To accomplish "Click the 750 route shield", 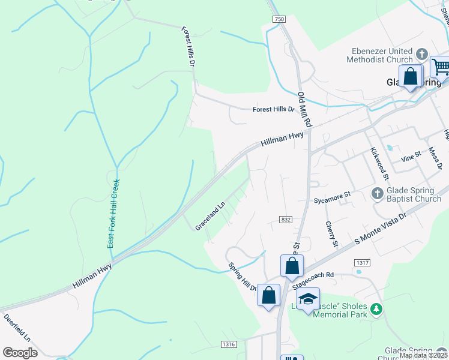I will [279, 20].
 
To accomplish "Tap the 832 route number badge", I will [286, 220].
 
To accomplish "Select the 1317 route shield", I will [362, 263].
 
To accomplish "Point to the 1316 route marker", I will [229, 344].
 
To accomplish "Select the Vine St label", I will [411, 159].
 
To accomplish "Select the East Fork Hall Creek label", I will [113, 213].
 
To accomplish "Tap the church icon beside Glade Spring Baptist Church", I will [377, 193].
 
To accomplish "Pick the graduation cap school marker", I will [308, 299].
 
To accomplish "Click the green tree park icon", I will [376, 309].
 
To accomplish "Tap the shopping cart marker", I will [441, 66].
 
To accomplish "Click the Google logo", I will [20, 352].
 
